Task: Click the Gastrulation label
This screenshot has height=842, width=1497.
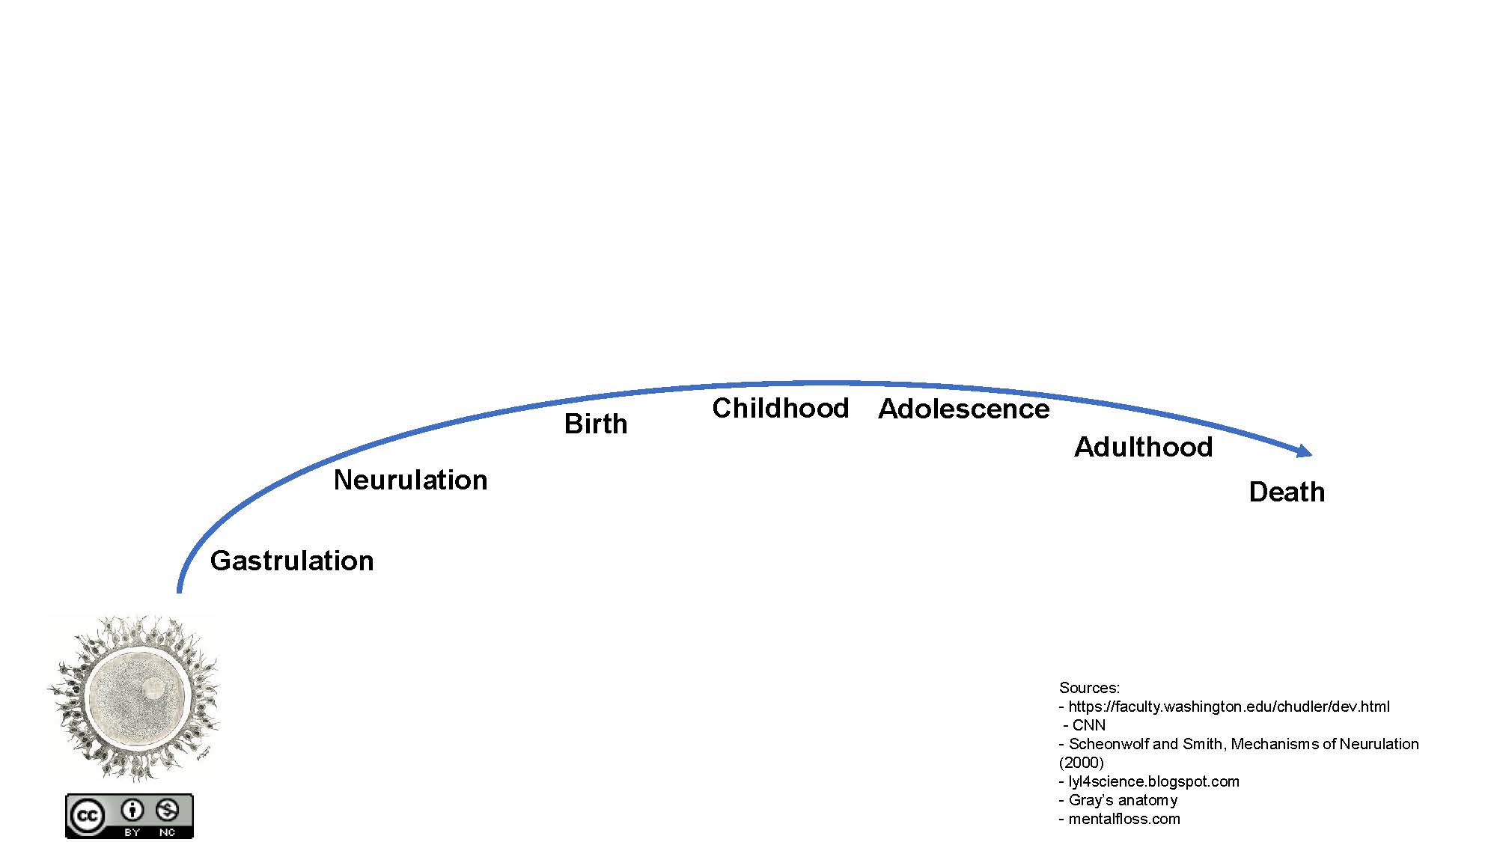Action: (x=292, y=561)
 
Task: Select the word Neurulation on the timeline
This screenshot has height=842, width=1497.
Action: (x=410, y=480)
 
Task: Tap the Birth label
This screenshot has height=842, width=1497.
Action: (x=596, y=424)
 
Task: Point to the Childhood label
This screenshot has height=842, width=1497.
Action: (x=781, y=408)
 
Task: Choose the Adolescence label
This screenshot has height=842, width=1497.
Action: (x=964, y=409)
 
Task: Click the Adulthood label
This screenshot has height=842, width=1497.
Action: (x=1144, y=447)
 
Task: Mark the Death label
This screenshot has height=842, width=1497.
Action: (x=1287, y=492)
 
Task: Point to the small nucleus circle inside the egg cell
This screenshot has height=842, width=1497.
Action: (x=153, y=688)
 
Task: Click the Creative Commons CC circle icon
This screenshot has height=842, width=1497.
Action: (x=87, y=816)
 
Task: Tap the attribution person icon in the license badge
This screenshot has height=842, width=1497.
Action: (x=132, y=810)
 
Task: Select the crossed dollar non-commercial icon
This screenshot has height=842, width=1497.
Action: (x=167, y=810)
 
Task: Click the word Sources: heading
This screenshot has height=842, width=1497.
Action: (x=1090, y=688)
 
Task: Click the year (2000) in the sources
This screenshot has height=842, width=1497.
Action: (x=1082, y=763)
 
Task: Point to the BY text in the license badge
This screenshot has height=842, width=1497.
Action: (x=132, y=832)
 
